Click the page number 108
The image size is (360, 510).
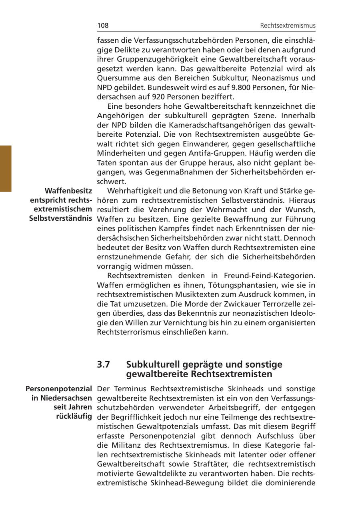103,26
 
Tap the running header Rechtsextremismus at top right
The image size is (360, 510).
288,26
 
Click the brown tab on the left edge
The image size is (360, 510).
6,169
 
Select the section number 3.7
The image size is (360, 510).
104,365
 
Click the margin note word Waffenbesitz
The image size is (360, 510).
68,191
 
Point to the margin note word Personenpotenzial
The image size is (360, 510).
59,389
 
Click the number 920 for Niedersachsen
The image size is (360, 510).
160,97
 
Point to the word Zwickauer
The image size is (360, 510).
218,304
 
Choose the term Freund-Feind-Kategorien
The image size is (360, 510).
270,276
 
